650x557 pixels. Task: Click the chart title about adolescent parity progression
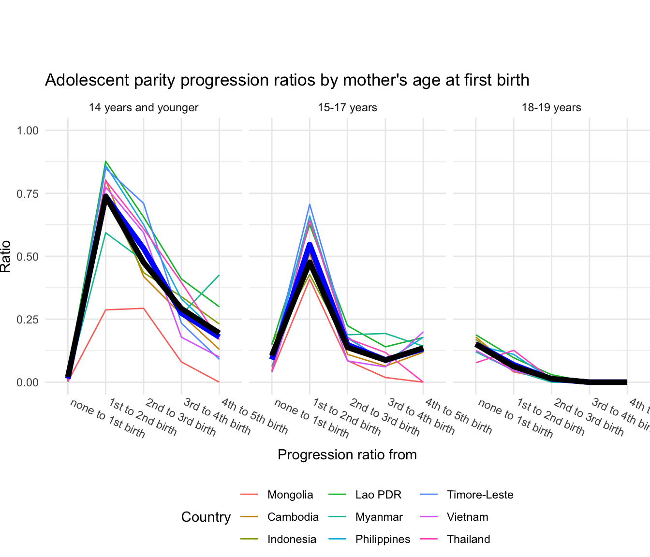pyautogui.click(x=287, y=80)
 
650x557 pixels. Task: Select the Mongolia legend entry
pyautogui.click(x=290, y=495)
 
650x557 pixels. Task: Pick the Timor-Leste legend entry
pyautogui.click(x=480, y=495)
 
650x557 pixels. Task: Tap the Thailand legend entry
pyautogui.click(x=468, y=539)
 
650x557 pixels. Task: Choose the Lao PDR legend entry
pyautogui.click(x=378, y=495)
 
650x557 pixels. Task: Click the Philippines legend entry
pyautogui.click(x=383, y=539)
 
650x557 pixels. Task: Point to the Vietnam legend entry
pyautogui.click(x=467, y=517)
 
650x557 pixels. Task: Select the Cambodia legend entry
pyautogui.click(x=293, y=517)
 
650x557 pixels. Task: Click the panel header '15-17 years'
pyautogui.click(x=347, y=107)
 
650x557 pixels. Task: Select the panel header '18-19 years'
pyautogui.click(x=551, y=107)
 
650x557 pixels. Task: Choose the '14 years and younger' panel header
pyautogui.click(x=144, y=107)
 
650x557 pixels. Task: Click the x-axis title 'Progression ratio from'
pyautogui.click(x=347, y=454)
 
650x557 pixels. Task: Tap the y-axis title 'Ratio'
pyautogui.click(x=6, y=256)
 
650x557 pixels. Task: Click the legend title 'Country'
pyautogui.click(x=206, y=517)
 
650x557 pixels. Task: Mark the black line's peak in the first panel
pyautogui.click(x=105, y=196)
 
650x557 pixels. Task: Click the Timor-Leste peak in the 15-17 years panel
pyautogui.click(x=310, y=204)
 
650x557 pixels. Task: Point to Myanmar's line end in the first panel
pyautogui.click(x=219, y=275)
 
